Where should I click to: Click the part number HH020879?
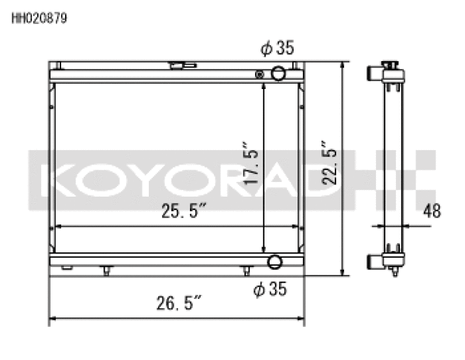pos(39,18)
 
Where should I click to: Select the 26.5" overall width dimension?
pos(179,303)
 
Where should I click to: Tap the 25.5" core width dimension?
pos(183,211)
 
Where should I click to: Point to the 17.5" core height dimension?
pos(250,163)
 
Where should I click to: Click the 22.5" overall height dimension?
pos(329,163)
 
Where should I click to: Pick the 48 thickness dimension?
pos(432,211)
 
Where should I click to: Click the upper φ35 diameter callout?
pos(277,47)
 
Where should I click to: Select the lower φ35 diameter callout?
pos(270,289)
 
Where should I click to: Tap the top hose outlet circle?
pos(278,73)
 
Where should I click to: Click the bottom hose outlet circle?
pos(274,262)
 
